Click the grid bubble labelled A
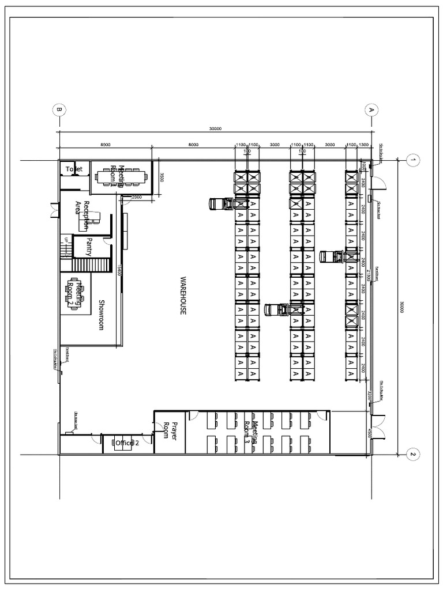371,109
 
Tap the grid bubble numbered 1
412,160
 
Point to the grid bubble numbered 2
412,455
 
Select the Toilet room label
74,169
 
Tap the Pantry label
89,246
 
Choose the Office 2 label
126,443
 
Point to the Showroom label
100,314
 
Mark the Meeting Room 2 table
77,294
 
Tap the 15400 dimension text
119,270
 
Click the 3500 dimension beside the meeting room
163,177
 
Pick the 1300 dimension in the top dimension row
363,145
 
